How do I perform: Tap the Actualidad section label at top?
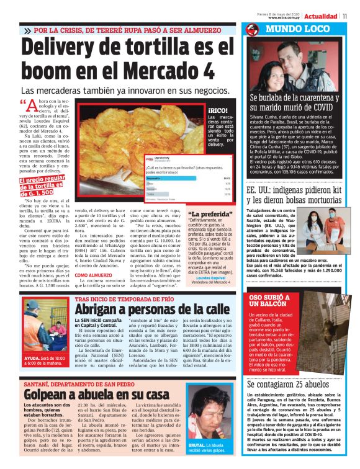tap(321, 16)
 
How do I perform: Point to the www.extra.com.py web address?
tap(287, 18)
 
